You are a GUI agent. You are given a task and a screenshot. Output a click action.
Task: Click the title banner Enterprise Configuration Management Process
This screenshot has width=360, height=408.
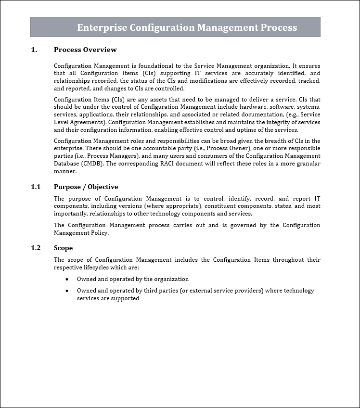pyautogui.click(x=187, y=27)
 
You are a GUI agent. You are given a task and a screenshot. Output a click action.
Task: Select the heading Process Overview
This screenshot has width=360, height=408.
pyautogui.click(x=85, y=50)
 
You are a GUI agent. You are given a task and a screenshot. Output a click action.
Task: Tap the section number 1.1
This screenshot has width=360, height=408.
pyautogui.click(x=36, y=187)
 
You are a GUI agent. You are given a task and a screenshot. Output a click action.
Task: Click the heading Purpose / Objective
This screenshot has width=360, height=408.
pyautogui.click(x=86, y=187)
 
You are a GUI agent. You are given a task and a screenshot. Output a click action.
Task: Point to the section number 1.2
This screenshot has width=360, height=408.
pyautogui.click(x=36, y=248)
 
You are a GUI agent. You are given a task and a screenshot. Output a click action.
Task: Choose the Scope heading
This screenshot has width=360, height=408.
pyautogui.click(x=63, y=248)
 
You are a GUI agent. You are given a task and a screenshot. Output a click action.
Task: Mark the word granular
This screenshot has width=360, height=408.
pyautogui.click(x=308, y=164)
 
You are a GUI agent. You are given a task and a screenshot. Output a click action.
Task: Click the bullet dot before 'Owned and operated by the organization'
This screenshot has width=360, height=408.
pyautogui.click(x=66, y=279)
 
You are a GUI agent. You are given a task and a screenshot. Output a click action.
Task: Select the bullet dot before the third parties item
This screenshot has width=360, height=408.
pyautogui.click(x=66, y=291)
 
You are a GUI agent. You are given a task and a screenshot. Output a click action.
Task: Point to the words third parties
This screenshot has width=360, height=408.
pyautogui.click(x=160, y=291)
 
